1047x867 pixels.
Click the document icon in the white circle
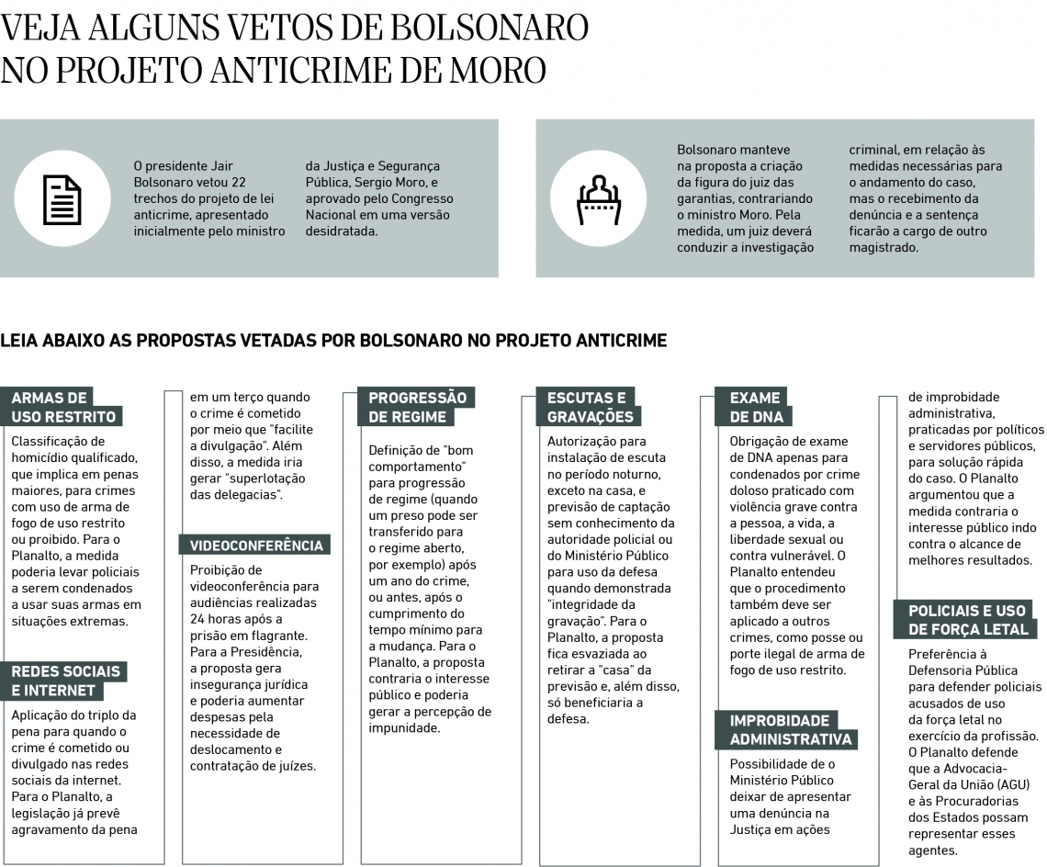pyautogui.click(x=62, y=198)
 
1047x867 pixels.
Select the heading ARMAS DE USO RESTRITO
pyautogui.click(x=63, y=407)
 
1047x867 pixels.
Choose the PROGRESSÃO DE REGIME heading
pyautogui.click(x=417, y=407)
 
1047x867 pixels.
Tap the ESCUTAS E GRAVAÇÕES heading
pyautogui.click(x=590, y=407)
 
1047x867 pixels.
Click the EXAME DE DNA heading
pyautogui.click(x=755, y=407)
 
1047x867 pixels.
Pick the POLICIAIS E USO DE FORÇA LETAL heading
pyautogui.click(x=967, y=620)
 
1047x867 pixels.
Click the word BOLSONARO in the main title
pyautogui.click(x=490, y=28)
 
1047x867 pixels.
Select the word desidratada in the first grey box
pyautogui.click(x=342, y=231)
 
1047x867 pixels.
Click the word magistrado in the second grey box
pyautogui.click(x=884, y=247)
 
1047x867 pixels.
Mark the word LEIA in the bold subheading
pyautogui.click(x=20, y=341)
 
